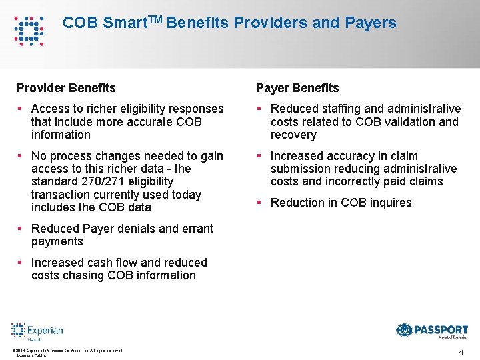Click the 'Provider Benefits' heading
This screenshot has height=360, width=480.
click(x=66, y=88)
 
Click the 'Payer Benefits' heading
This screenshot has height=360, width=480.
click(x=297, y=88)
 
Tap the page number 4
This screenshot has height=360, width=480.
click(x=461, y=351)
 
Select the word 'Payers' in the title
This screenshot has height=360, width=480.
click(x=371, y=23)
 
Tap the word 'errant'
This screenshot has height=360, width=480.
click(x=196, y=229)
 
